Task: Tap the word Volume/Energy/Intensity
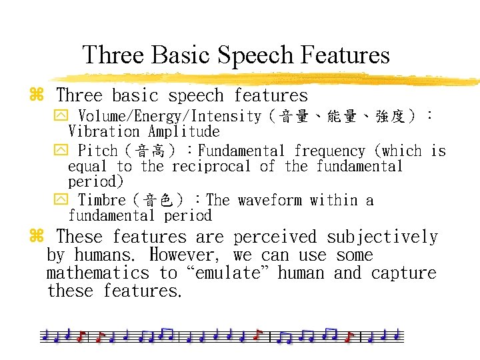coord(170,117)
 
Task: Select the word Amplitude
coord(184,132)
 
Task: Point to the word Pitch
coord(98,151)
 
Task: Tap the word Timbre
coord(102,200)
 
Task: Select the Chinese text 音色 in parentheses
coord(161,200)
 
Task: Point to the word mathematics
coord(98,273)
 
